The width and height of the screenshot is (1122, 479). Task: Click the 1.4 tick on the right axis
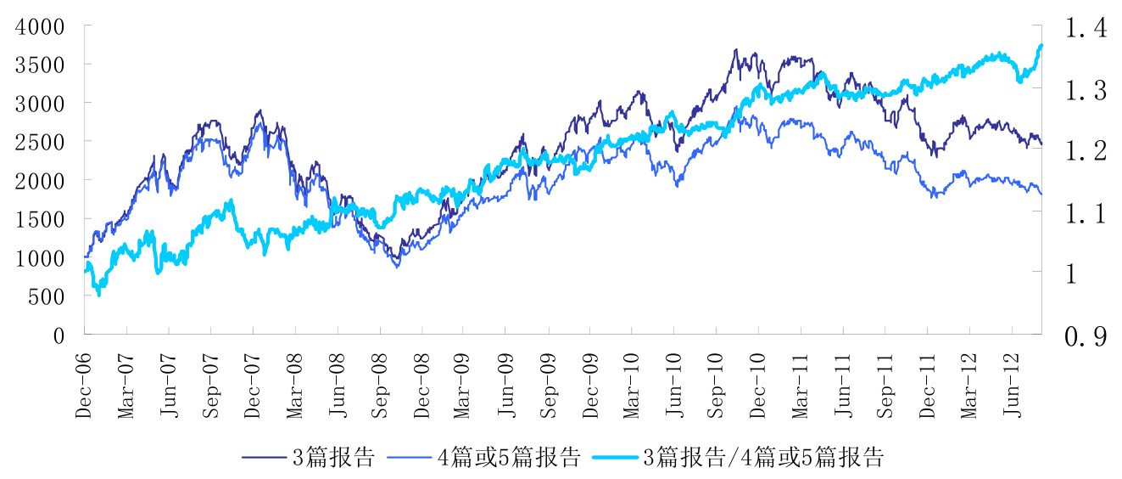[1086, 28]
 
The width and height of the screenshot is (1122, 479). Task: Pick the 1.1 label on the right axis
[1086, 213]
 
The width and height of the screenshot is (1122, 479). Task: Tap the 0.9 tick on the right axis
[1086, 337]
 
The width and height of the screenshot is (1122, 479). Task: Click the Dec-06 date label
[83, 386]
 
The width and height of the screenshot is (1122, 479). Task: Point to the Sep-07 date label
[209, 386]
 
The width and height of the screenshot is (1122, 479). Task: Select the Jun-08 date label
[337, 386]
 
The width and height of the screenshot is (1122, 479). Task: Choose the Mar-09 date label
[463, 386]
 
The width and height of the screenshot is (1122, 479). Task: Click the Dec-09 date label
[589, 386]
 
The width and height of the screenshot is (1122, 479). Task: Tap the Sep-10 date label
[716, 386]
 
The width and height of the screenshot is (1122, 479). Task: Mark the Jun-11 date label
[842, 386]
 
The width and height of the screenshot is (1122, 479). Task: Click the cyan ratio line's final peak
[1041, 45]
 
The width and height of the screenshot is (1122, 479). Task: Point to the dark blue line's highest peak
[735, 49]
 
